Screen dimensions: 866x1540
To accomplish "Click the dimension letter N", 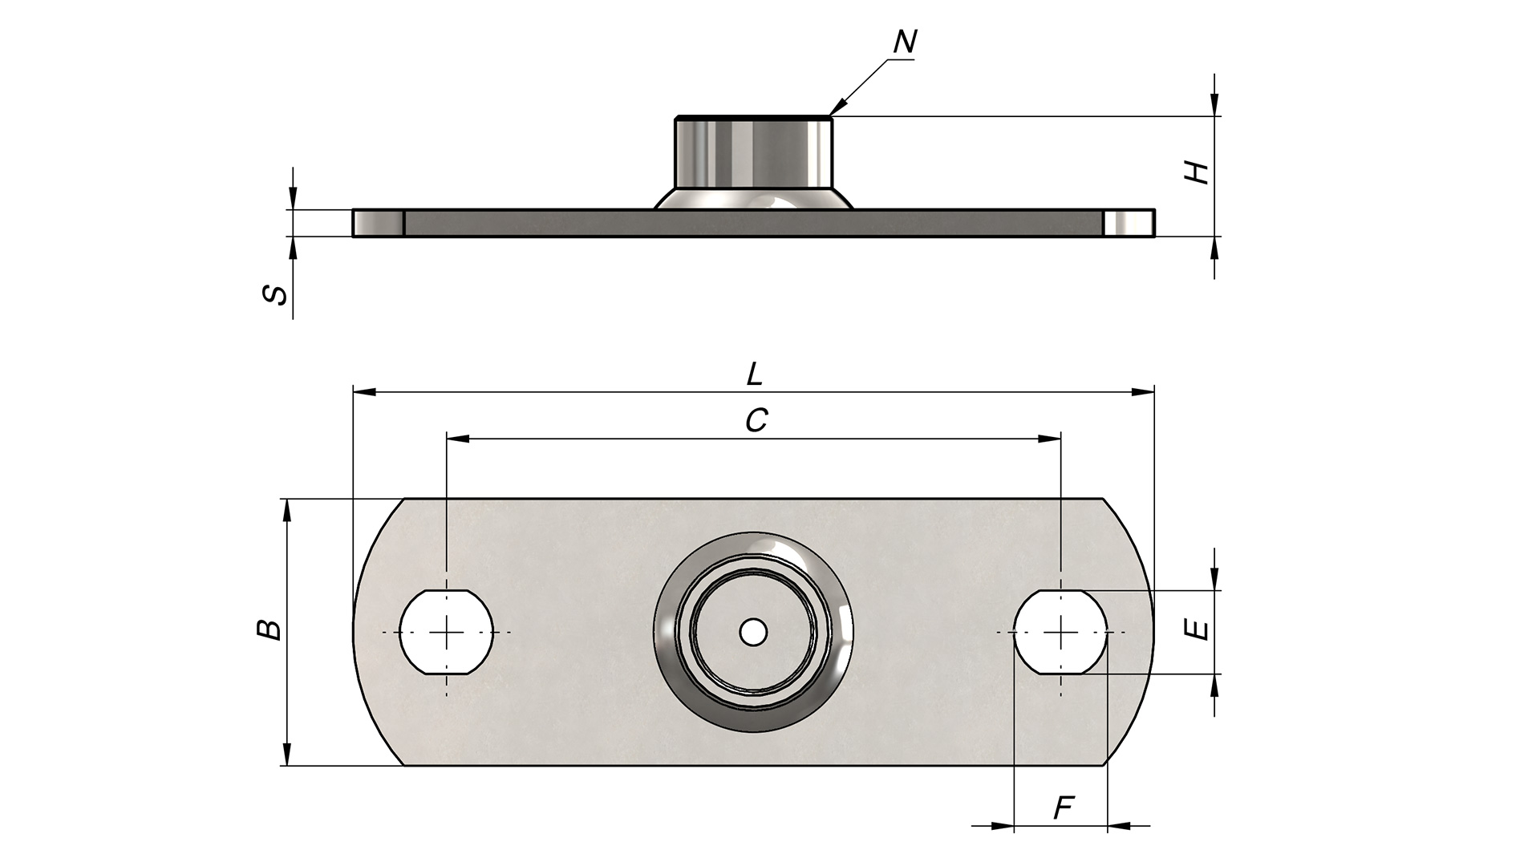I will point(905,42).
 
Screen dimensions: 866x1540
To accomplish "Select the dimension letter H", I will point(1198,172).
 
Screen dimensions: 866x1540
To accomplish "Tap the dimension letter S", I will point(275,294).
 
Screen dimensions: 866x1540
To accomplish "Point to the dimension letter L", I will point(754,374).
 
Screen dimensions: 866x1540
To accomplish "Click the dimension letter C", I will point(756,420).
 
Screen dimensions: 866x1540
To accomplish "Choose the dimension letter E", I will point(1198,630).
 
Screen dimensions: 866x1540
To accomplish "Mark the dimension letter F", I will point(1063,808).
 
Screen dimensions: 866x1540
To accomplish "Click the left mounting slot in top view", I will point(447,632).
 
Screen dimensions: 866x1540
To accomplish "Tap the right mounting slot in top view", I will point(1061,632).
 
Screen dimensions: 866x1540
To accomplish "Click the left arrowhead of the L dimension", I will point(364,392).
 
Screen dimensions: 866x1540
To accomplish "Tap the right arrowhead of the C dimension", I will point(1050,439).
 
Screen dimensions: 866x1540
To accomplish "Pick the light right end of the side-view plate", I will point(1129,223).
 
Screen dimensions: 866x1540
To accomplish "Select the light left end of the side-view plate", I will point(378,223).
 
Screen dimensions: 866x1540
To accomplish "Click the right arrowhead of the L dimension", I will point(1143,392).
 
